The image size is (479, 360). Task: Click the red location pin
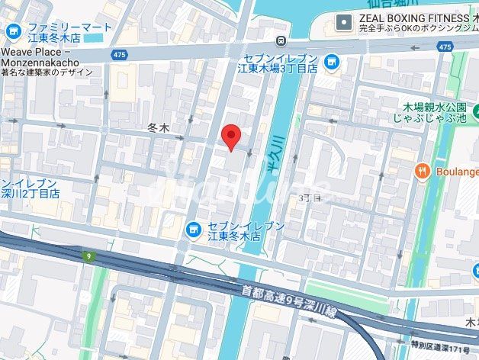(231, 137)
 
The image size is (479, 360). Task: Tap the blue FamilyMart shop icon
(13, 32)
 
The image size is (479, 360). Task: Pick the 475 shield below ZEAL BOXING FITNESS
(445, 47)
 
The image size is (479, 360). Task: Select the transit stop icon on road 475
(282, 40)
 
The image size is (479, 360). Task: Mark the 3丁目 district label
(310, 198)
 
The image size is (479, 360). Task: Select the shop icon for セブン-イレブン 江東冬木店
(194, 227)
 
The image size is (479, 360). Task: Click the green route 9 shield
(89, 257)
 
